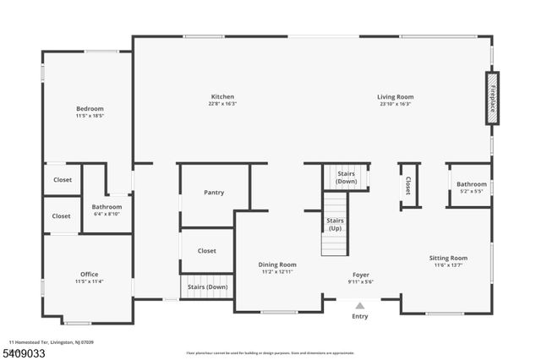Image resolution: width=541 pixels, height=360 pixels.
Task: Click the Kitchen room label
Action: pyautogui.click(x=222, y=96)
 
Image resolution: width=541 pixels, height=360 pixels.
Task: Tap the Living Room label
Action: pyautogui.click(x=395, y=96)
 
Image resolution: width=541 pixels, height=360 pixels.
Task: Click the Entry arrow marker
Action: pyautogui.click(x=360, y=306)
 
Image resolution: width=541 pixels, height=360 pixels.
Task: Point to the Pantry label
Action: pyautogui.click(x=214, y=193)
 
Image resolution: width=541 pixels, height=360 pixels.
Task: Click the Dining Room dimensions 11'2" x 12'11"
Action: pyautogui.click(x=277, y=272)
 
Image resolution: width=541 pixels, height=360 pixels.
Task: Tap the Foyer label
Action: pyautogui.click(x=361, y=275)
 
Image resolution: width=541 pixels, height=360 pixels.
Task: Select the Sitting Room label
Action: pyautogui.click(x=448, y=259)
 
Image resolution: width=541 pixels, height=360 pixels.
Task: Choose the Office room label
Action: pyautogui.click(x=90, y=275)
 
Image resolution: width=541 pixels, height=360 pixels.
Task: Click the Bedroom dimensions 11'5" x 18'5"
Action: pyautogui.click(x=90, y=116)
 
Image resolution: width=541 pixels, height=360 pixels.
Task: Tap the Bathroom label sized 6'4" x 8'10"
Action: pyautogui.click(x=107, y=207)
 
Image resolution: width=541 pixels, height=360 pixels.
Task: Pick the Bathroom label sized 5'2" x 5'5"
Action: pyautogui.click(x=472, y=184)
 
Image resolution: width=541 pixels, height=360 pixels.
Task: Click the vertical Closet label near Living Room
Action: pyautogui.click(x=407, y=185)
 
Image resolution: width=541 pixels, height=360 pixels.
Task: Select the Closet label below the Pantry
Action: pyautogui.click(x=206, y=251)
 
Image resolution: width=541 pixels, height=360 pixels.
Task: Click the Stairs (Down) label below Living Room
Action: pyautogui.click(x=347, y=178)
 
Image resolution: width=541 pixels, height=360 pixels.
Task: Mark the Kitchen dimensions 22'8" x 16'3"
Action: pyautogui.click(x=222, y=104)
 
